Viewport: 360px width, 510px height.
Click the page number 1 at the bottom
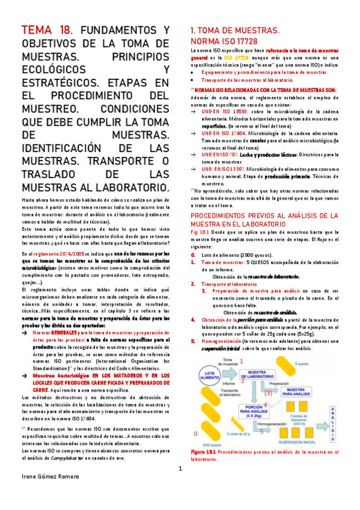180,469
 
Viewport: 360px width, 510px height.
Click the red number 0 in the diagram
194,433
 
